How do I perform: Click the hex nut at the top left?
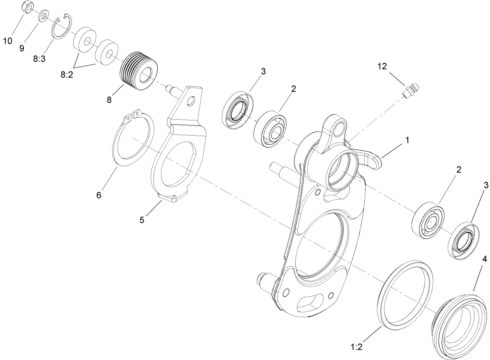[26, 8]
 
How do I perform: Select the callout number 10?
[8, 42]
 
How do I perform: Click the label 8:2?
[67, 74]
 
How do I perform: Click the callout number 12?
[382, 67]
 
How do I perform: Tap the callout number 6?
[99, 195]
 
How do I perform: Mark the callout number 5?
[142, 220]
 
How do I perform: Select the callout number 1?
[407, 140]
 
